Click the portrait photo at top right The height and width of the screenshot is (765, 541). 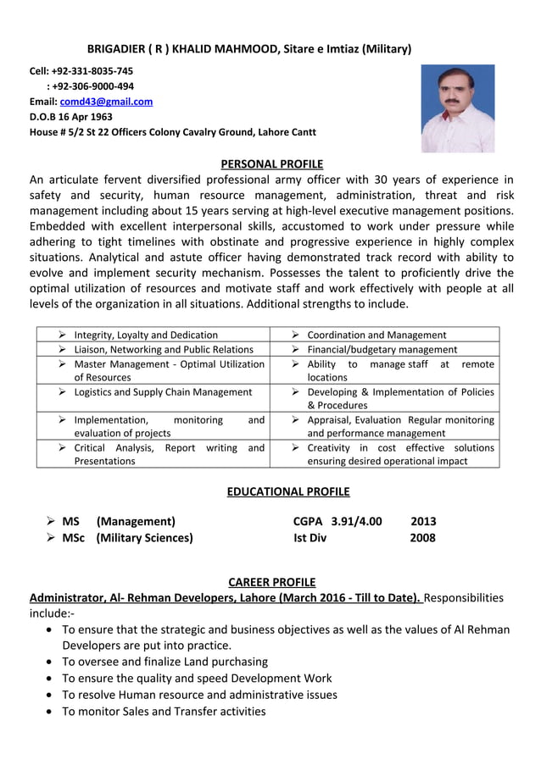point(457,108)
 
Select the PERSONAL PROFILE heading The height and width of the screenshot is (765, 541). point(271,164)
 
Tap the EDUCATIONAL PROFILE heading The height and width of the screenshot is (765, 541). point(288,491)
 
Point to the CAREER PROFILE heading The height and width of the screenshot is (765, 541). point(272,582)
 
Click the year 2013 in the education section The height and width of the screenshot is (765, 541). point(423,521)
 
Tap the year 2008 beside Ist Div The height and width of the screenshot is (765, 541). point(422,537)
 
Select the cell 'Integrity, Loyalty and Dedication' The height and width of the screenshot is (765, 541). point(146,335)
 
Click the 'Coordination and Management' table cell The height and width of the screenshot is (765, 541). point(376,335)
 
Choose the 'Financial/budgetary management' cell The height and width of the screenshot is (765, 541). point(382,349)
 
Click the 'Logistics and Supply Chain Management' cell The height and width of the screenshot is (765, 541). point(163,392)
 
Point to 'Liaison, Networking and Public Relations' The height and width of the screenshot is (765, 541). point(164,349)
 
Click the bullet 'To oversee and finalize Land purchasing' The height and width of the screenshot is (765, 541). point(165,661)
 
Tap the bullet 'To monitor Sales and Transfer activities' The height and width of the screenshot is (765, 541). point(164,711)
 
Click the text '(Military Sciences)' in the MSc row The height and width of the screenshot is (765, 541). point(144,537)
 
